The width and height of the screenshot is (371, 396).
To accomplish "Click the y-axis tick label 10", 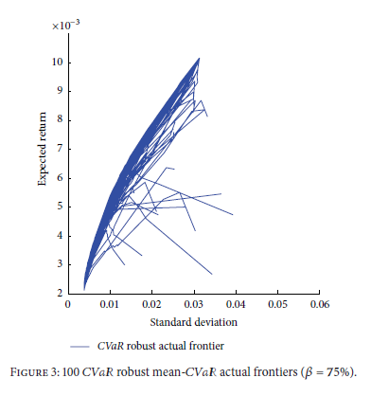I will (56, 63).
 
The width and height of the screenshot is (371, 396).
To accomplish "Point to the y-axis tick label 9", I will (59, 91).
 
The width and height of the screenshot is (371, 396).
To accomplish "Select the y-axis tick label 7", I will (59, 149).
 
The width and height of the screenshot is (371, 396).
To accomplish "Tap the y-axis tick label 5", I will (59, 207).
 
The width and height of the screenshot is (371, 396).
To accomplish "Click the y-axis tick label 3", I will (59, 264).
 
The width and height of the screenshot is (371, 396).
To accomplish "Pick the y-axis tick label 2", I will (59, 294).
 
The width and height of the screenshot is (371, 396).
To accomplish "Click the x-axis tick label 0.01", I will (110, 306).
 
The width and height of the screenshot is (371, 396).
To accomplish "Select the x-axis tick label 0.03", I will (193, 306).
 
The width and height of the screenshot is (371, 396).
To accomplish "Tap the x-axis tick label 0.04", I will (235, 306).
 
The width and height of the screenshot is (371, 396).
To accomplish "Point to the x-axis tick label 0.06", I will (318, 306).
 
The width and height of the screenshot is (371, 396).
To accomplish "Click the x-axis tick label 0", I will (68, 306).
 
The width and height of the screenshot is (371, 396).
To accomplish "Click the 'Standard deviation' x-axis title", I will (193, 321).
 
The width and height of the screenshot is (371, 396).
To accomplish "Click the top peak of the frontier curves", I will (199, 59).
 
